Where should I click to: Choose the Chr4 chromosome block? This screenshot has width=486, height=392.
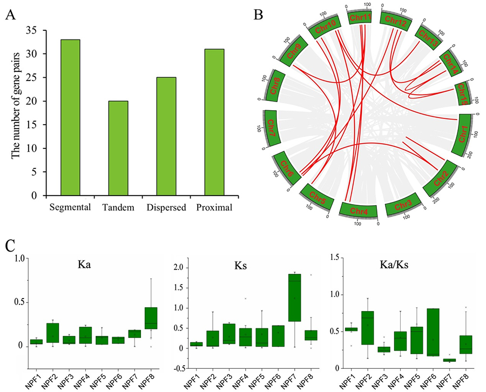[359, 210]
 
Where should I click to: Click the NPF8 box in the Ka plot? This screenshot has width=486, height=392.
[150, 322]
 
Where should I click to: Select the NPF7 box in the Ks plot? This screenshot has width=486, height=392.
[294, 305]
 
